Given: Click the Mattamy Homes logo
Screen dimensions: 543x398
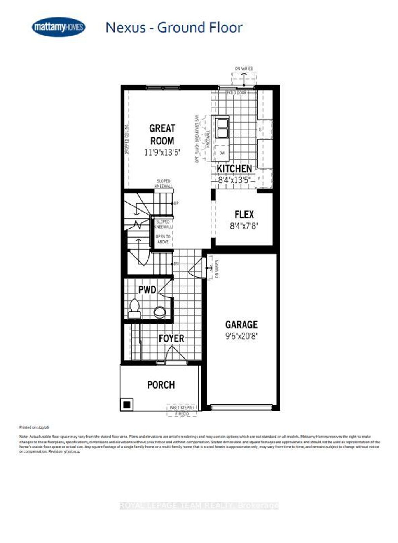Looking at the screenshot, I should coord(58,27).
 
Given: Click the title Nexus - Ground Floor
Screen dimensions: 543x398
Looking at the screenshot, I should coord(174,28).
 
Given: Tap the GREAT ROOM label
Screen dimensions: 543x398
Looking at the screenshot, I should coord(162,134).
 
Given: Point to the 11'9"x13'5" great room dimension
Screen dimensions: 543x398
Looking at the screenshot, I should coord(162,153).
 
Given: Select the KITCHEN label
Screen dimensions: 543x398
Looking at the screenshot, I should coord(234,168).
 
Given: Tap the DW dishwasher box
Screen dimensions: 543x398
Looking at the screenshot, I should coord(222,153).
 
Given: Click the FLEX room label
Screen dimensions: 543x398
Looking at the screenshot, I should coord(244,214).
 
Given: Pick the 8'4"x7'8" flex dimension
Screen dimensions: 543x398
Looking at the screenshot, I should coord(244,226).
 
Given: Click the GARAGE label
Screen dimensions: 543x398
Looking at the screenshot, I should coord(241,324).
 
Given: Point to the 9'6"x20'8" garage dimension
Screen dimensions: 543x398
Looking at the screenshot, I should coord(241,336).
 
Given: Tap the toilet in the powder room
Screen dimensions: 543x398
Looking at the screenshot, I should coord(134,309).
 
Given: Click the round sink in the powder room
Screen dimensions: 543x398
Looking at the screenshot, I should coord(159,311).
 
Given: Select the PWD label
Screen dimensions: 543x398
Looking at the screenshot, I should coord(147,290).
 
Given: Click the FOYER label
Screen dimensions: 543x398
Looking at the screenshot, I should coord(171,338).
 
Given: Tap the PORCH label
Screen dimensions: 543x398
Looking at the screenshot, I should coord(161,385).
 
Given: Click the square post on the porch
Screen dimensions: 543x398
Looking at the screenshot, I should coord(127,404).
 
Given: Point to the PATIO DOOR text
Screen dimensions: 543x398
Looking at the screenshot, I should coord(237,93).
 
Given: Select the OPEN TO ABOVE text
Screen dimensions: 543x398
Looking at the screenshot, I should coord(163,239).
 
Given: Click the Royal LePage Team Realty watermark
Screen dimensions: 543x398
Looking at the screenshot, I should coord(199,506).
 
